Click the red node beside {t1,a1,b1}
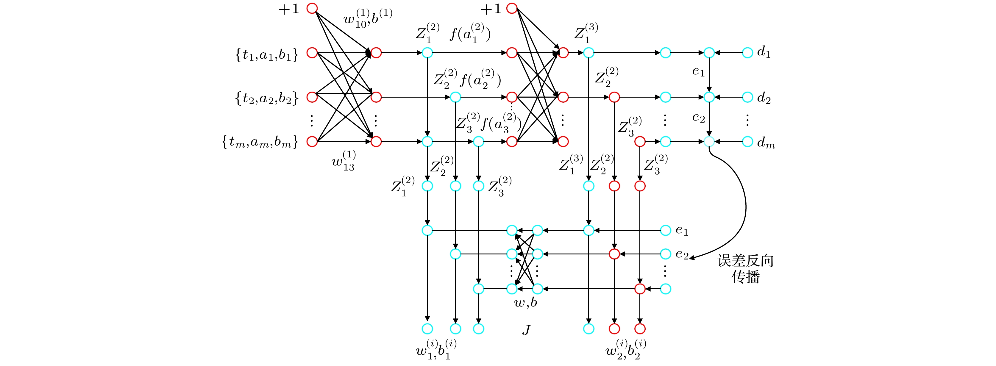pos(312,53)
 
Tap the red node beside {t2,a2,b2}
pos(312,97)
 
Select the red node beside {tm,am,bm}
pos(312,141)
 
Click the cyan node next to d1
pos(747,53)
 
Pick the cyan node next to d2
pos(747,97)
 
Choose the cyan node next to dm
pos(747,141)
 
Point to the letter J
pos(526,330)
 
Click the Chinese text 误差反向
pos(745,261)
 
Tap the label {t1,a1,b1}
pos(267,55)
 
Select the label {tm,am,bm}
pos(260,142)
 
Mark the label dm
pos(766,143)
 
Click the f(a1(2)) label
pos(470,34)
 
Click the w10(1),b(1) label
pos(368,18)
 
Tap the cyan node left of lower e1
pos(665,230)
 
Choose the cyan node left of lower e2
pos(665,254)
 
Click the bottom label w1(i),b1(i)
pos(436,349)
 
